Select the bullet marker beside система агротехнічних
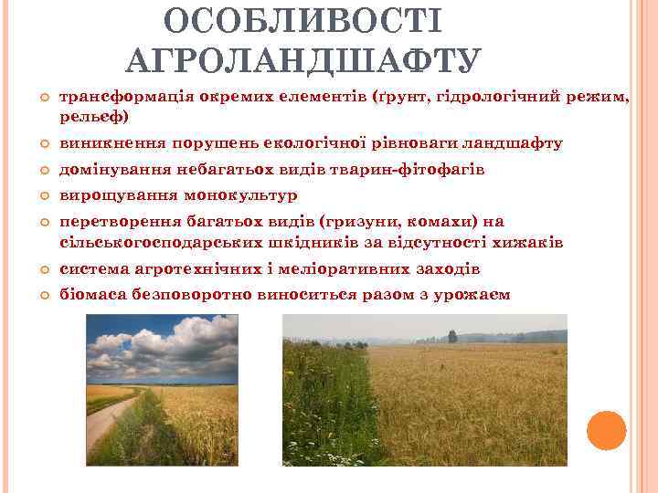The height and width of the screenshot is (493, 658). [42, 270]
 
